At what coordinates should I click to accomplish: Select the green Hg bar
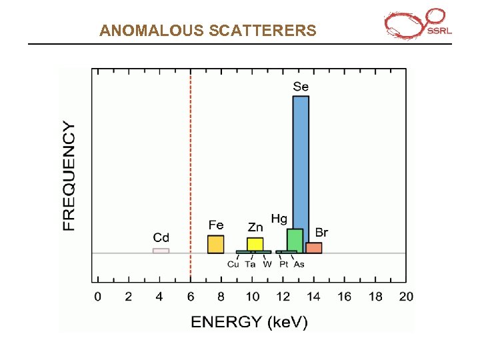tap(295, 240)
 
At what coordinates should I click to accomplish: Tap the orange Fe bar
tap(216, 244)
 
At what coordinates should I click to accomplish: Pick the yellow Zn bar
tap(255, 244)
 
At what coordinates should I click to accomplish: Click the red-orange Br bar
tap(314, 248)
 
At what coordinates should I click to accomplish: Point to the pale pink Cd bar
tap(161, 251)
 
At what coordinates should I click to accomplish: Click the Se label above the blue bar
tap(301, 87)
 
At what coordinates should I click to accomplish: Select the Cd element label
tap(161, 237)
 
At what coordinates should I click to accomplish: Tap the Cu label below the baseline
tap(233, 265)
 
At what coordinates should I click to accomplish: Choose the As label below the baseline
tap(299, 265)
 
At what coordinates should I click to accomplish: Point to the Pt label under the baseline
tap(284, 265)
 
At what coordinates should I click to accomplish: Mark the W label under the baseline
tap(267, 265)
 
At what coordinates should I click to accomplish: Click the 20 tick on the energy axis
tap(406, 297)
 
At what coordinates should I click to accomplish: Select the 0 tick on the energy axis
tap(98, 297)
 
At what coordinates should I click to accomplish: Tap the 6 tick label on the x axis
tap(191, 297)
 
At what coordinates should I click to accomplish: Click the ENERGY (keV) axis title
tap(249, 323)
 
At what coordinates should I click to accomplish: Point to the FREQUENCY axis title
tap(69, 176)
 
